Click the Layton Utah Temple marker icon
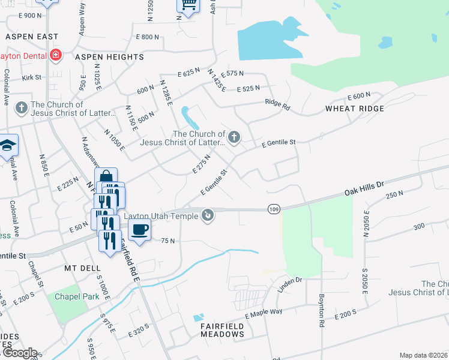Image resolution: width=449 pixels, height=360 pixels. point(208,214)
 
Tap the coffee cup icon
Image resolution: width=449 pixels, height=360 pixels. point(139,229)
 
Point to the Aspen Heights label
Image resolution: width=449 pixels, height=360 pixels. point(109,57)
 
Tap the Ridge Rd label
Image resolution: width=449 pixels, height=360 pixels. point(278,104)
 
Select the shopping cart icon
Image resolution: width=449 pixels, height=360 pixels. point(188,5)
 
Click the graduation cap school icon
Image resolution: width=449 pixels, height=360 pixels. point(8,145)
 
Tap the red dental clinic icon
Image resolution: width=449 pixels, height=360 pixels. point(56,55)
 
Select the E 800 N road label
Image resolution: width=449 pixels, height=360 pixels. point(148,37)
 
